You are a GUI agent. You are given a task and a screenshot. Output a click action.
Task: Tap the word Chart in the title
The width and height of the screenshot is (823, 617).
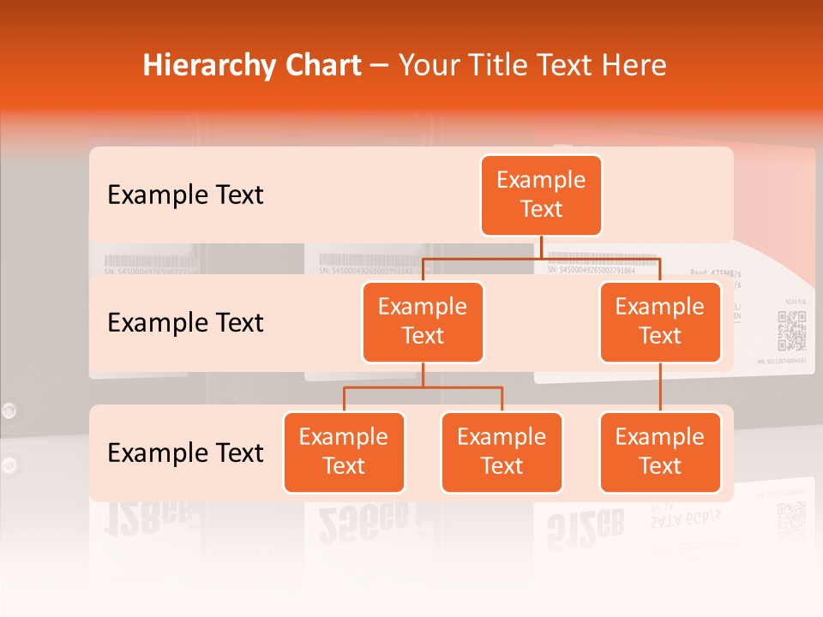coord(323,65)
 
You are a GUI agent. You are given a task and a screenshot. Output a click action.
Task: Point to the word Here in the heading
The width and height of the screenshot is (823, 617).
coord(633,65)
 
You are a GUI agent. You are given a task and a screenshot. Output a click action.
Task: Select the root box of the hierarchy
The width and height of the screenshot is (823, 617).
coord(541,195)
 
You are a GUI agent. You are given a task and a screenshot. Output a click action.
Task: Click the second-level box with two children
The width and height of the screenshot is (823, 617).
coord(423,321)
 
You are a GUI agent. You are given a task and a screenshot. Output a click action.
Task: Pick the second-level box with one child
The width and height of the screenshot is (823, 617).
coord(660,321)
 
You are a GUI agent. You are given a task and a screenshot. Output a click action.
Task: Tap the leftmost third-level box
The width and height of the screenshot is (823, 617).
coord(344,452)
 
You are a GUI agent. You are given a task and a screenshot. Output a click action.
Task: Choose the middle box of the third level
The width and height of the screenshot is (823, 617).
coord(502,452)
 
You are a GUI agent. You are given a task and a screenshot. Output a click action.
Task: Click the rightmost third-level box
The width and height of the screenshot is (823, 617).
coord(660,452)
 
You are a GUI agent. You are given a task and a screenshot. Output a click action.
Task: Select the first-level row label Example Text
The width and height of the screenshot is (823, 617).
coord(185,195)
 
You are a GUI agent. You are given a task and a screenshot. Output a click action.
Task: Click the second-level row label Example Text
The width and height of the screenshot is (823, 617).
coord(185,323)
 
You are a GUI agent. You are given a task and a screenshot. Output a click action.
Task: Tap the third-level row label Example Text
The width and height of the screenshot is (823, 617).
coord(185,452)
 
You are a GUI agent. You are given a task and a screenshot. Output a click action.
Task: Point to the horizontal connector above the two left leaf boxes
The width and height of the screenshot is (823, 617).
coord(423,387)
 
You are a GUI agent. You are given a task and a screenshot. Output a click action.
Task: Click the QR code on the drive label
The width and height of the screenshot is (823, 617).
coord(791,331)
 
